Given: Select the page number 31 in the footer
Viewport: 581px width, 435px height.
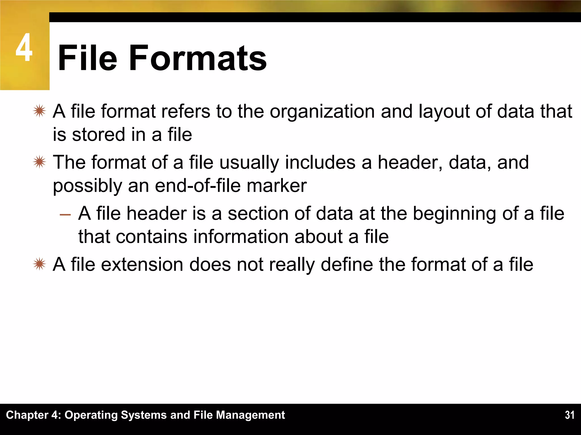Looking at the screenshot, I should tap(569, 415).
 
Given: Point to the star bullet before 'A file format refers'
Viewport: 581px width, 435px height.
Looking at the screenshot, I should tap(39, 111).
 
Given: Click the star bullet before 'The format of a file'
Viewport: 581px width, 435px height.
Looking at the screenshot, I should tap(39, 162).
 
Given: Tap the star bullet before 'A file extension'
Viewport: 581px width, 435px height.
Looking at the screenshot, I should tap(39, 264).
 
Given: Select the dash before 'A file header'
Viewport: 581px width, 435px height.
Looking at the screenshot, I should tap(65, 214).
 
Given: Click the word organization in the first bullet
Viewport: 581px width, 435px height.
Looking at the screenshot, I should tap(322, 111).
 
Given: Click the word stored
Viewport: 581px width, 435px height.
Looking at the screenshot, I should tap(98, 135).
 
